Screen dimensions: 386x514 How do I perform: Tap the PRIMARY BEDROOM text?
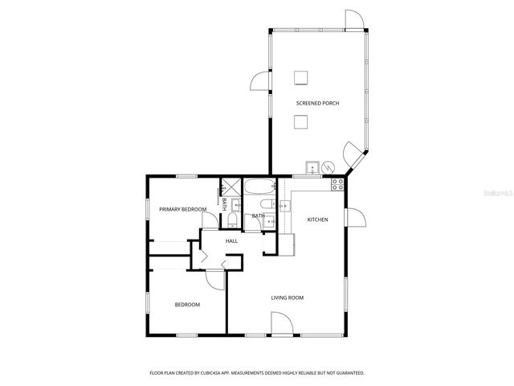pyautogui.click(x=182, y=209)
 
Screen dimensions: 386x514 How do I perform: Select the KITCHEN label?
pyautogui.click(x=317, y=219)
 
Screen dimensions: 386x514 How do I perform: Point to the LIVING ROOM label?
pyautogui.click(x=287, y=298)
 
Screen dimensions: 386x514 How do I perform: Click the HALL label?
pyautogui.click(x=231, y=240)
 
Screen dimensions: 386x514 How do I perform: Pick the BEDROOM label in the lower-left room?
pyautogui.click(x=187, y=304)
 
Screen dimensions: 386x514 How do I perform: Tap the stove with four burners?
pyautogui.click(x=338, y=183)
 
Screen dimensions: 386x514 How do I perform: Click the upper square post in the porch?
pyautogui.click(x=301, y=77)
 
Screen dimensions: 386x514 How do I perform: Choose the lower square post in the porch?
pyautogui.click(x=301, y=121)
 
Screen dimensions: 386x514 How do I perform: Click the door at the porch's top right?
pyautogui.click(x=354, y=20)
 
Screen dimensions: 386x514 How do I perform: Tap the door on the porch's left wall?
pyautogui.click(x=260, y=80)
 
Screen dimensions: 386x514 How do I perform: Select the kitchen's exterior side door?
pyautogui.click(x=354, y=218)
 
